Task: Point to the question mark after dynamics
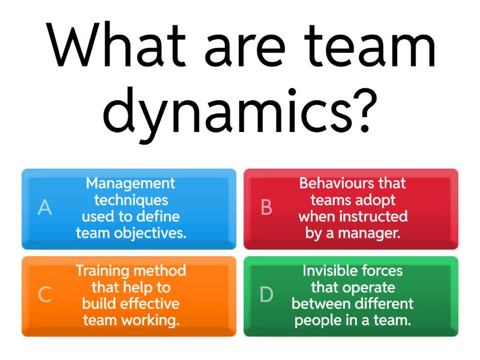pos(365,110)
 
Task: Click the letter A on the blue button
pos(44,207)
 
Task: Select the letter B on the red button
pos(266,207)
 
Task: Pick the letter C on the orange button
pos(44,295)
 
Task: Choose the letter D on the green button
pos(266,295)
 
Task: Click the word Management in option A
pos(130,184)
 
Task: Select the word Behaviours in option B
pos(337,183)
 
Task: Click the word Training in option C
pos(103,271)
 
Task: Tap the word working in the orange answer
pos(150,321)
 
